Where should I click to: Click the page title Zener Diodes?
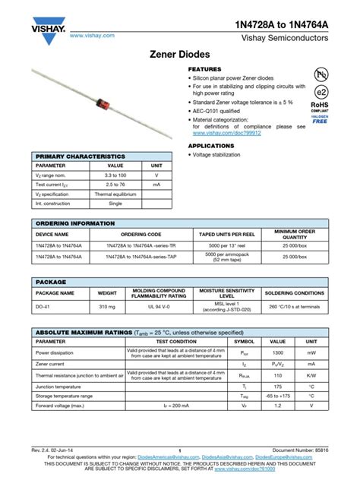[x=180, y=56]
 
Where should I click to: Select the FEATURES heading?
[x=205, y=69]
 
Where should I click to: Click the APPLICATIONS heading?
[x=212, y=144]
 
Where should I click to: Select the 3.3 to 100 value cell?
[x=115, y=175]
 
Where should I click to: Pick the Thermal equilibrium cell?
[x=115, y=194]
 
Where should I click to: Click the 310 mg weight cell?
[x=107, y=308]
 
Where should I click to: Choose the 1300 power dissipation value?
[x=278, y=353]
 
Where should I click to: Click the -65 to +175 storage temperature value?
[x=278, y=396]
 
